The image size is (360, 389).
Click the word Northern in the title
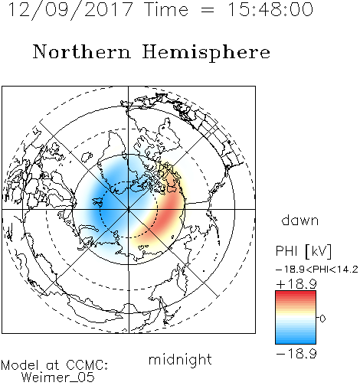[x=82, y=51]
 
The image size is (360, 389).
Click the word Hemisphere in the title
[x=206, y=53]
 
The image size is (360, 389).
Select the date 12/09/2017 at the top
[x=70, y=10]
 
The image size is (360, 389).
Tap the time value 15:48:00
[x=270, y=9]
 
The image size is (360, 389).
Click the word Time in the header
[x=166, y=9]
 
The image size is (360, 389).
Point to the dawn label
[x=300, y=220]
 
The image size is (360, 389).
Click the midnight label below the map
[x=180, y=359]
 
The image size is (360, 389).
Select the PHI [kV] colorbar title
[x=303, y=250]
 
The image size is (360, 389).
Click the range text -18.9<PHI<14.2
[x=317, y=270]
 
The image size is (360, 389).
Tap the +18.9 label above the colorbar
[x=296, y=283]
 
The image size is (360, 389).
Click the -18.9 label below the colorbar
[x=296, y=354]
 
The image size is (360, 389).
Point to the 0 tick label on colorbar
[x=322, y=319]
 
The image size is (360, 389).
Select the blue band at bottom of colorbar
[x=296, y=339]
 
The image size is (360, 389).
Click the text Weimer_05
[x=58, y=378]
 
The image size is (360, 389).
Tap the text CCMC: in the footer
[x=87, y=365]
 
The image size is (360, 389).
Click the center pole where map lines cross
[x=129, y=209]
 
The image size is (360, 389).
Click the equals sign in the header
[x=208, y=11]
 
